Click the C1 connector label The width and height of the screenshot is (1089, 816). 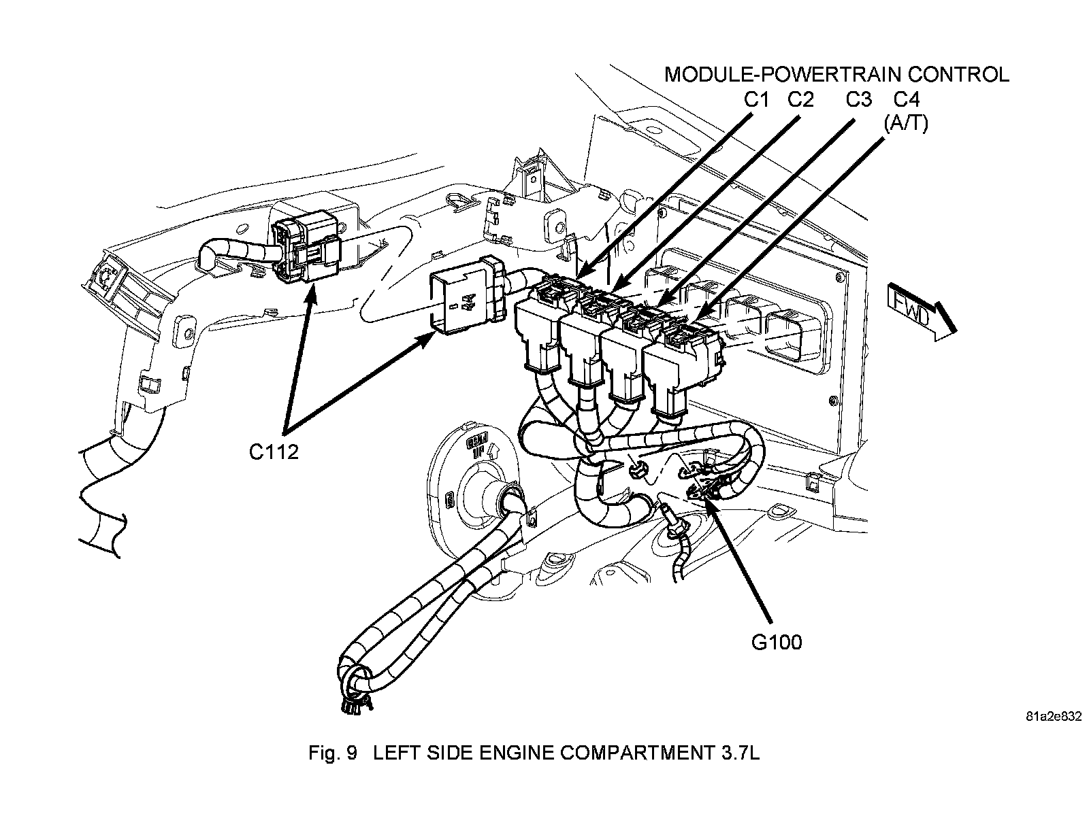[x=755, y=99]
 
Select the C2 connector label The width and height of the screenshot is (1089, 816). [x=800, y=99]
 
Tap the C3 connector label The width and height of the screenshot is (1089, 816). [x=858, y=99]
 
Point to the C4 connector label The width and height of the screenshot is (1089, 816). [x=906, y=99]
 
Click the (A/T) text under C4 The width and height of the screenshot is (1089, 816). [x=905, y=124]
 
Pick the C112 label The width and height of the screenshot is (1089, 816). [x=274, y=452]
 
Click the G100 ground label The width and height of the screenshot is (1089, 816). [x=777, y=641]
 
